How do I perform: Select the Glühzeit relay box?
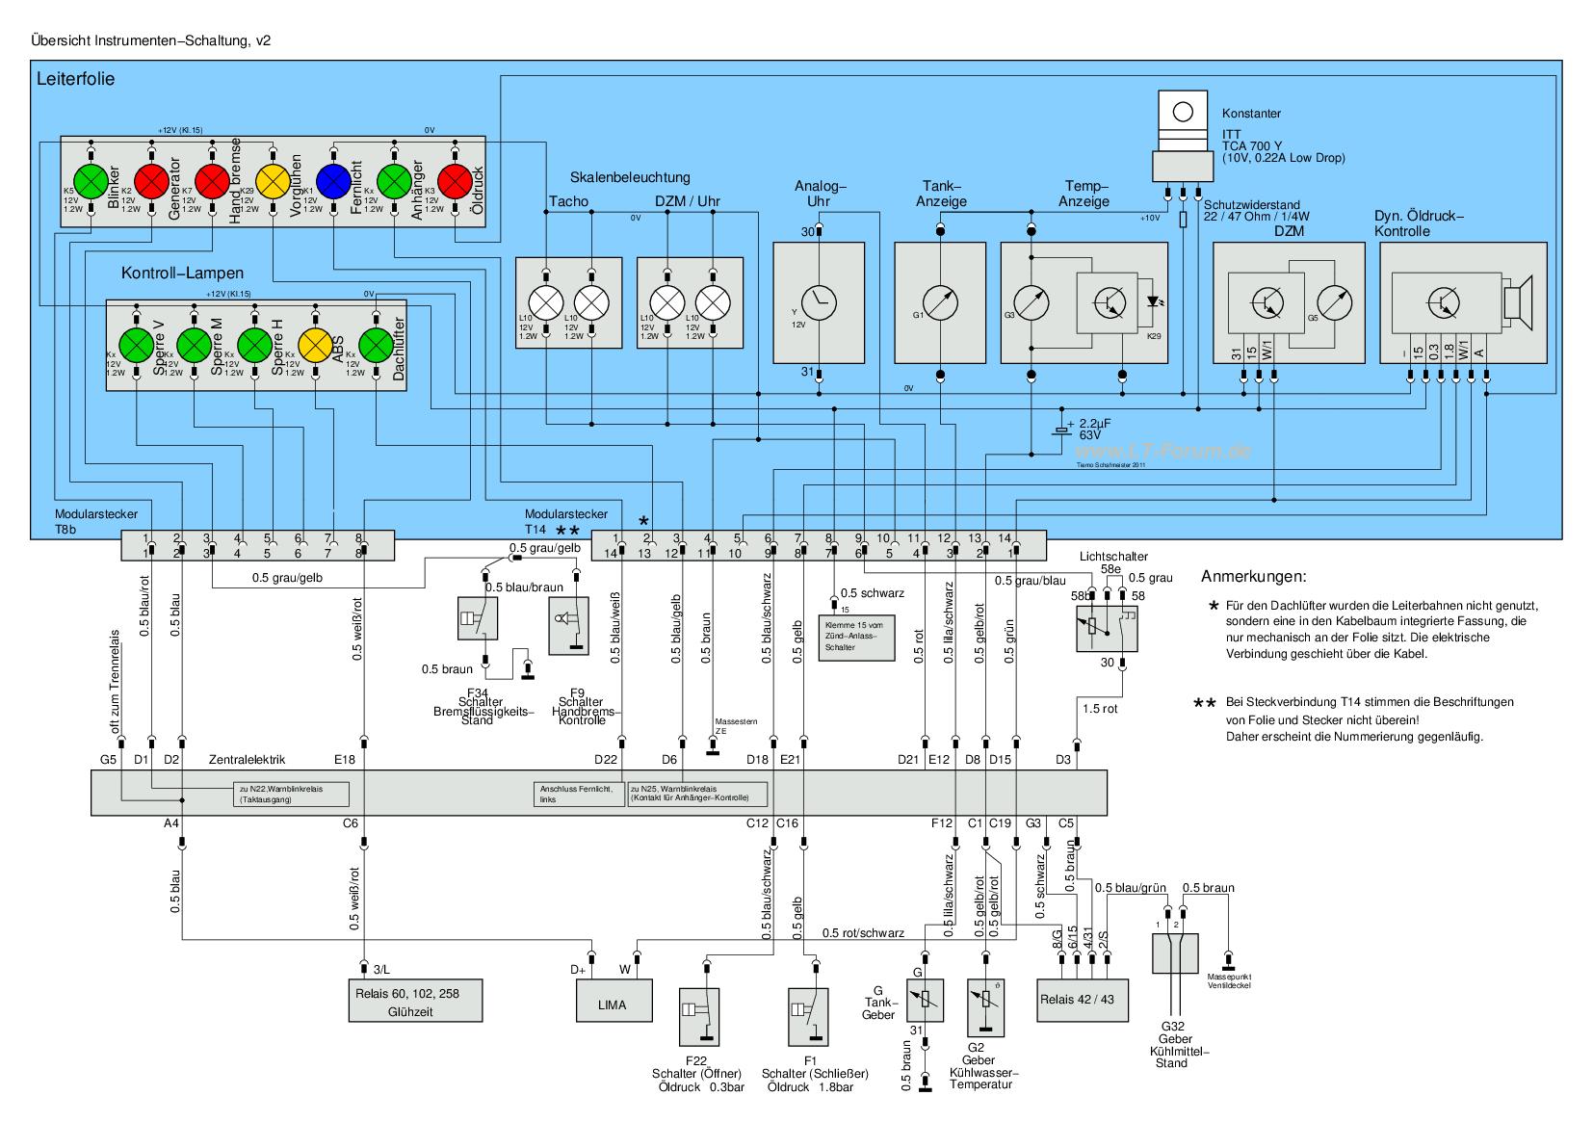pos(414,1003)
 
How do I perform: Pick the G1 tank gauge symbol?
pos(940,301)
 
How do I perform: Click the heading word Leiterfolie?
pos(75,79)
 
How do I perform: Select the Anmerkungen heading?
pos(1253,578)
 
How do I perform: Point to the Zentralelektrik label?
pos(247,760)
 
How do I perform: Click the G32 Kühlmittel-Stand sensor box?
pos(1174,957)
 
